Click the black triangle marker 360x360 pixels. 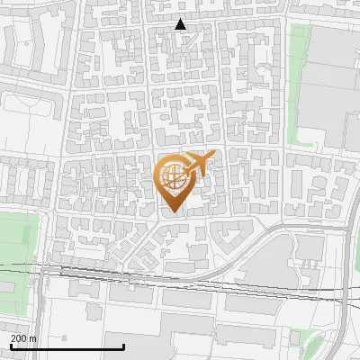tap(181, 24)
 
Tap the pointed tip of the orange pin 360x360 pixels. tap(171, 212)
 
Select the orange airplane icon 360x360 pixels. tap(197, 166)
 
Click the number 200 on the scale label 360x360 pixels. tap(19, 337)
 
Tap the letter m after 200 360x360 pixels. tap(33, 337)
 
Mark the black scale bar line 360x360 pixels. tap(67, 346)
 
